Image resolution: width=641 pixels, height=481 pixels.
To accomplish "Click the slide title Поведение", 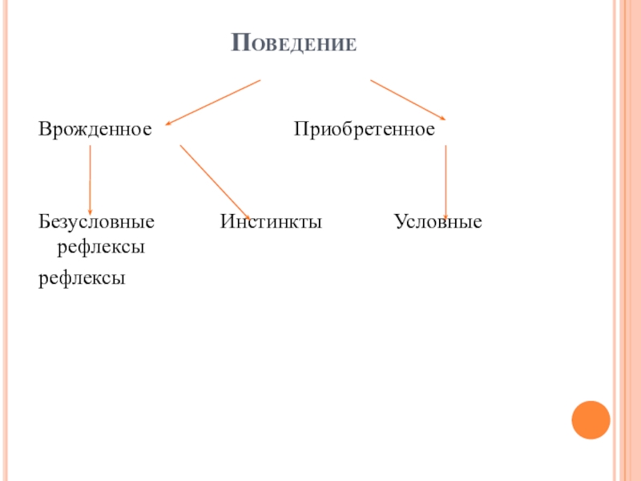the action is tap(293, 42).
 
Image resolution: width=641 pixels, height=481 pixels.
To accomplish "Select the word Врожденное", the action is tap(95, 129).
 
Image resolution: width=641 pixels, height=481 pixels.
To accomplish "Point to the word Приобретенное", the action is tap(364, 129).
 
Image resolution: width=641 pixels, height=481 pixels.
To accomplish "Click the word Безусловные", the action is tap(97, 221).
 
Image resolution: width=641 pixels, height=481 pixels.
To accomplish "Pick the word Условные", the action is tap(437, 221).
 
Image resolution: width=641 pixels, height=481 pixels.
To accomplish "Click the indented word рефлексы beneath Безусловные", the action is tap(100, 249).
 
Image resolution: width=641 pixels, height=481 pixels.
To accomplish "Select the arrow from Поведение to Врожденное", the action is tap(213, 103).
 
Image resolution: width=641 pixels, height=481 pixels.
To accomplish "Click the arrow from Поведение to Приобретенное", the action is tap(407, 99).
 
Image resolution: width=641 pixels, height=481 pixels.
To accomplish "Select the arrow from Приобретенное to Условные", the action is tap(445, 180).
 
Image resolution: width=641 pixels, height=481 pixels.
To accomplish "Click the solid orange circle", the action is tap(591, 419).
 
